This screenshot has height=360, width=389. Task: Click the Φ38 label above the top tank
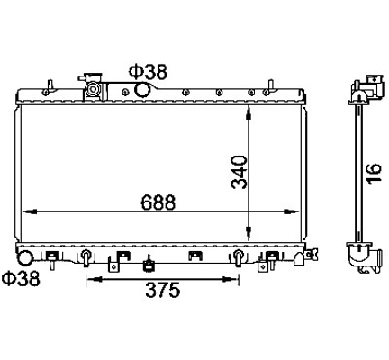(148, 72)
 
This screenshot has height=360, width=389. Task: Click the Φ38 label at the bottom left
(21, 278)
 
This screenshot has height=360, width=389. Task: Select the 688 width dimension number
(158, 202)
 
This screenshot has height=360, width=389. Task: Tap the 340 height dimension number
(240, 172)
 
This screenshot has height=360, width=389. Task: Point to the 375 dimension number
(163, 290)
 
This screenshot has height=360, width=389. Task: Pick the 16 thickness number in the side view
(375, 173)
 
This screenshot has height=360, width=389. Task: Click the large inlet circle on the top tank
(142, 90)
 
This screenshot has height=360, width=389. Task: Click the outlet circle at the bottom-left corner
(25, 257)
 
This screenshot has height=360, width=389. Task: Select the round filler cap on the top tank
(92, 89)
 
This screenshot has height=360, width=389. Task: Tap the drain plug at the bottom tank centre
(149, 264)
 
